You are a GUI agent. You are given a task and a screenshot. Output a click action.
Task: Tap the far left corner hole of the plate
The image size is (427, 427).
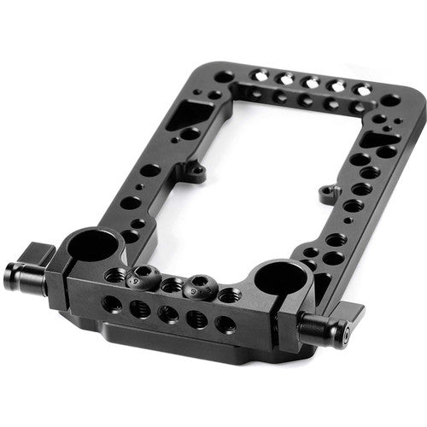click(224, 76)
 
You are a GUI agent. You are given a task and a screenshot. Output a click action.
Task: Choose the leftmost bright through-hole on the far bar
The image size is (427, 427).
click(256, 76)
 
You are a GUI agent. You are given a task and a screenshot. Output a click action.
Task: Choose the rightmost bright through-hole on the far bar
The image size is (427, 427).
click(363, 89)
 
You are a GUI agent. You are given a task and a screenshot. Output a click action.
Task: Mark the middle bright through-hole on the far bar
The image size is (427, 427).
click(310, 82)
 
